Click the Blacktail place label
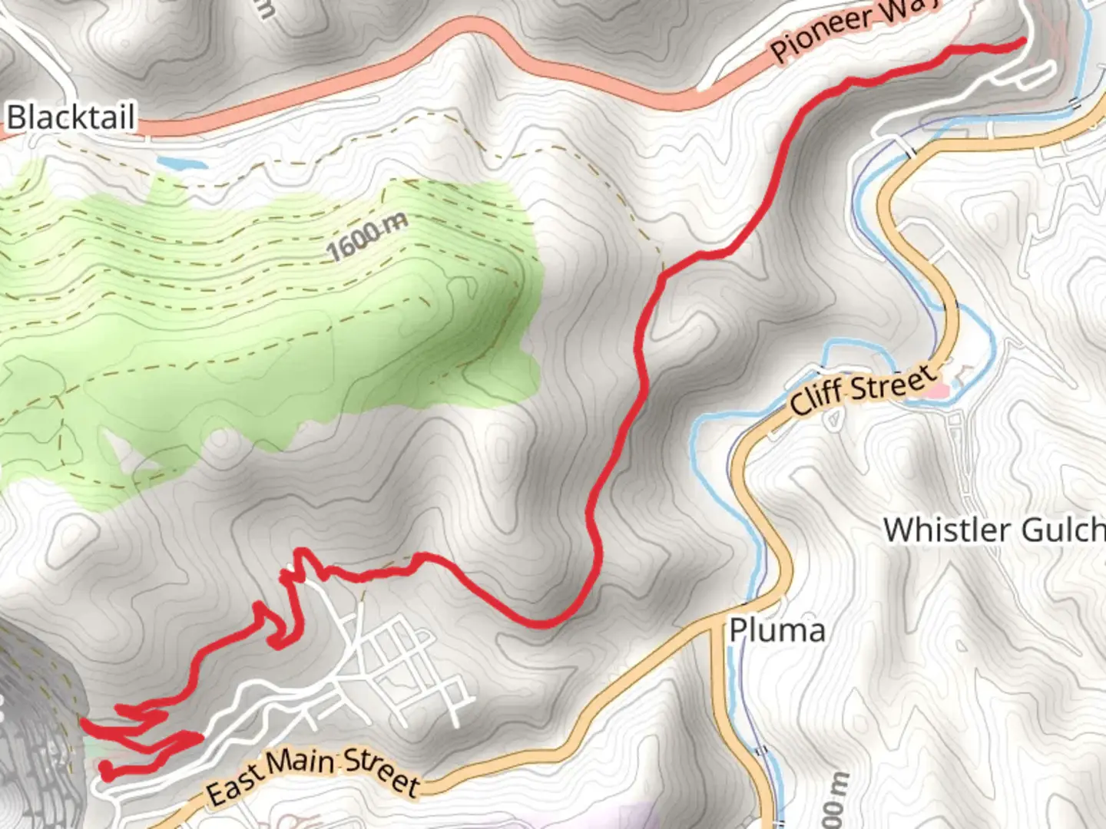71,117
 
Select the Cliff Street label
863,391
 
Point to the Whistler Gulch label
994,530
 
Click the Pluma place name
777,631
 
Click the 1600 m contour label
366,236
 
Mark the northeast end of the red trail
1023,41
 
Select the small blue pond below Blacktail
181,163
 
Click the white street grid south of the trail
399,660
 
